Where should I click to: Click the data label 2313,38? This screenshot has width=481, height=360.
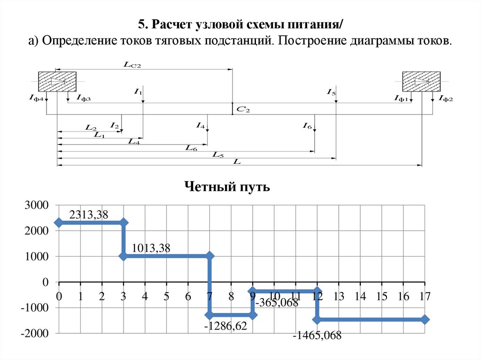click(89, 215)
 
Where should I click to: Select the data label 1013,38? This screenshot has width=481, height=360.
click(152, 248)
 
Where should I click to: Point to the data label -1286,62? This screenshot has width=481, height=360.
click(225, 326)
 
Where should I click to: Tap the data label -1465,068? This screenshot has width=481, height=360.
click(317, 336)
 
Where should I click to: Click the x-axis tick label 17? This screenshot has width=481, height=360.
click(425, 297)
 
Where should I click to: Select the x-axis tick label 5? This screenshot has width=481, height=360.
click(166, 297)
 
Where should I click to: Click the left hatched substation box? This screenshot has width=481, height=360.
click(57, 81)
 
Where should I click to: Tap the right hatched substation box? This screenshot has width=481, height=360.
click(421, 81)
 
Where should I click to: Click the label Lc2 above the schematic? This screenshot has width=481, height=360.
click(132, 66)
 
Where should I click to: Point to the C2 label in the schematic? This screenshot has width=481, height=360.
click(243, 109)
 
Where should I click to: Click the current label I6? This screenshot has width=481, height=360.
click(307, 125)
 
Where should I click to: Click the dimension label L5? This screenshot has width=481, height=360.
click(217, 154)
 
